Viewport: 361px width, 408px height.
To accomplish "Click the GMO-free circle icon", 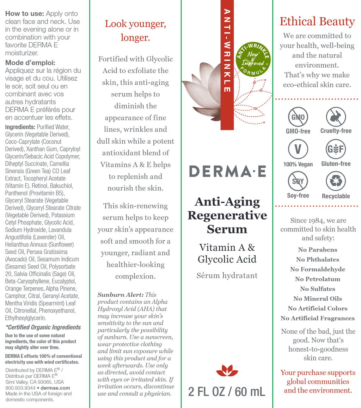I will click(x=298, y=117).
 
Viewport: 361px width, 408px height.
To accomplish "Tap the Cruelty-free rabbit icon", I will click(x=336, y=117).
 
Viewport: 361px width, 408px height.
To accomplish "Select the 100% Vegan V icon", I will click(x=298, y=149).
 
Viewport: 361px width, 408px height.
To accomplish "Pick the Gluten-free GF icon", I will click(x=336, y=149).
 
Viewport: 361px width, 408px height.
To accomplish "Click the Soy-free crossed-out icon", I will click(x=298, y=181).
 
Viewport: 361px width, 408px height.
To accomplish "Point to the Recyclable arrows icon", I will click(x=336, y=181).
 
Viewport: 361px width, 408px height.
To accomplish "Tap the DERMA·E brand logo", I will click(x=227, y=171).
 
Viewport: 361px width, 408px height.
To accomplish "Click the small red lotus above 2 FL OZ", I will click(x=227, y=370).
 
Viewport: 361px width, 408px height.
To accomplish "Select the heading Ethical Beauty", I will click(x=317, y=21).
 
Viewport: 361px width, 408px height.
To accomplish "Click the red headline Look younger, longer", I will click(x=135, y=31).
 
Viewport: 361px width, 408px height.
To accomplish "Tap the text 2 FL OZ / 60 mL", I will click(x=227, y=391).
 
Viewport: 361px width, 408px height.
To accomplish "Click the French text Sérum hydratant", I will click(x=227, y=275).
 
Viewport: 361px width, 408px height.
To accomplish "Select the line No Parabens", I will click(x=317, y=250).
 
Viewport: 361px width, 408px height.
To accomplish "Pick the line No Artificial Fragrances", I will click(x=317, y=318).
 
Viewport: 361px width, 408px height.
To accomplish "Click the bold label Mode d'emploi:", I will click(x=30, y=63).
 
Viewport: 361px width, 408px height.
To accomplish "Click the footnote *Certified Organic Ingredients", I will click(x=43, y=327).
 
